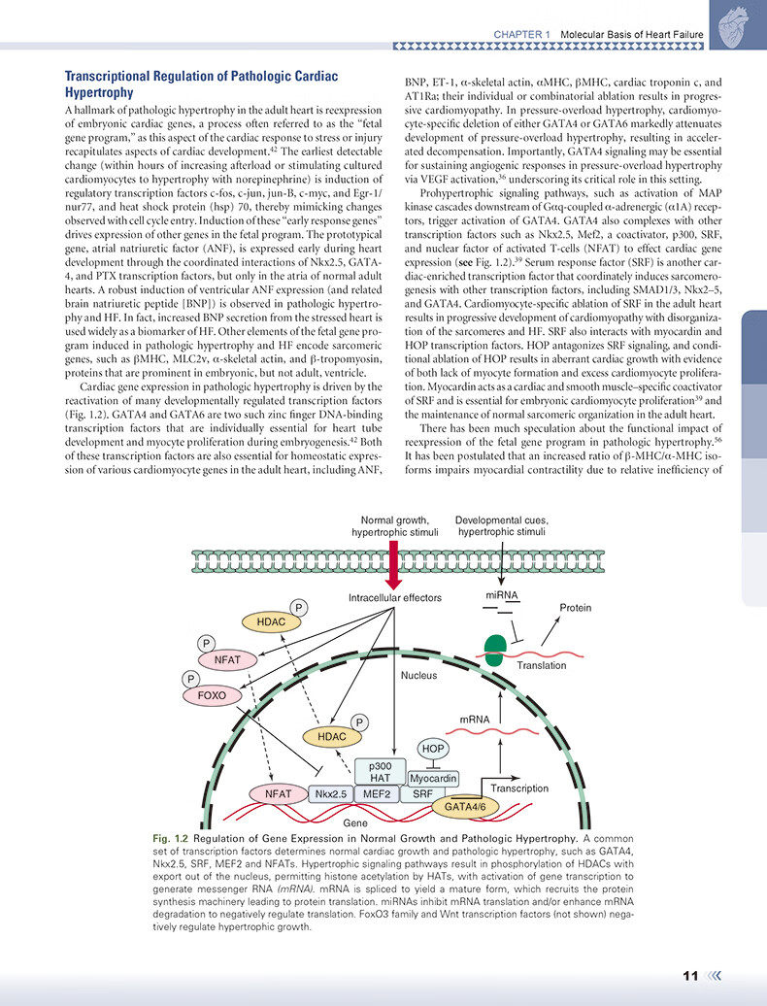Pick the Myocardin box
(x=433, y=778)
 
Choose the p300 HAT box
(x=381, y=772)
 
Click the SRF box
(x=423, y=794)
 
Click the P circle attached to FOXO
(x=191, y=679)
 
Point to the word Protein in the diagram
(x=575, y=608)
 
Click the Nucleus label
(x=419, y=675)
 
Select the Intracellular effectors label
(x=395, y=598)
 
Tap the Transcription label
(x=519, y=788)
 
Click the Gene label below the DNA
(x=355, y=822)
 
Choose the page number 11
(x=690, y=976)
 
